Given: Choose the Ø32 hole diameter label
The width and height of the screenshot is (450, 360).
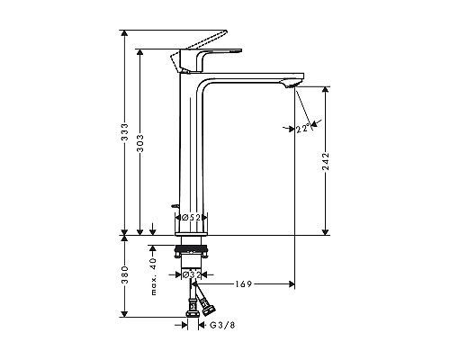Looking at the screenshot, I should (191, 275).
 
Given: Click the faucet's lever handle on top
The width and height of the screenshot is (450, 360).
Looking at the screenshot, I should (209, 49).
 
